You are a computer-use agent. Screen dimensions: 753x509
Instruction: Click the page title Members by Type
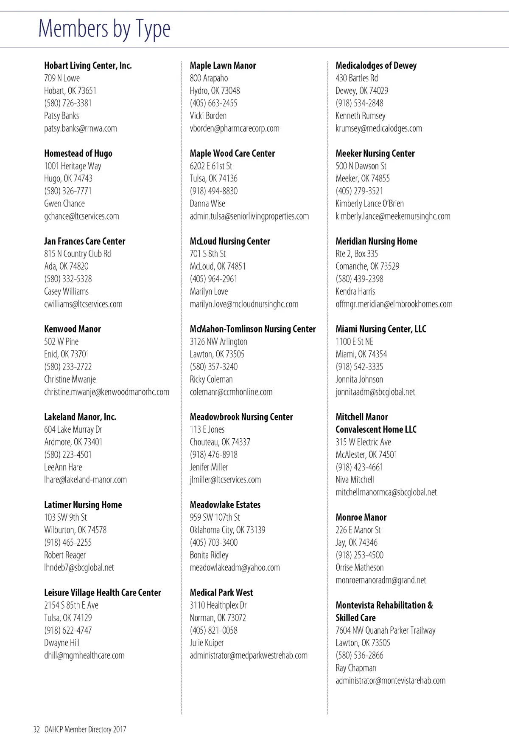click(104, 29)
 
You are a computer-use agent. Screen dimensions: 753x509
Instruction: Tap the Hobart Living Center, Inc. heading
click(88, 65)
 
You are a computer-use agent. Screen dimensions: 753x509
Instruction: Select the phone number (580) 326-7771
click(68, 191)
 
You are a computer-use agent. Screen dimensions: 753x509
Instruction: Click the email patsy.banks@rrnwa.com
click(81, 128)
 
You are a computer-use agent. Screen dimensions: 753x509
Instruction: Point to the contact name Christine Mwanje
click(70, 379)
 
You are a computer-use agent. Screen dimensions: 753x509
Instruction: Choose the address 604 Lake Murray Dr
click(73, 429)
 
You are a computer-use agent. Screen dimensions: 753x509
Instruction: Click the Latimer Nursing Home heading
click(83, 505)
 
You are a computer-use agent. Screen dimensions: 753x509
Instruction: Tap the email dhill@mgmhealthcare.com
click(84, 655)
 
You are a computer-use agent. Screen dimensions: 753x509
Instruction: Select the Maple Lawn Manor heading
click(223, 65)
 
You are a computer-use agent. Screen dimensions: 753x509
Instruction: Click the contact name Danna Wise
click(207, 203)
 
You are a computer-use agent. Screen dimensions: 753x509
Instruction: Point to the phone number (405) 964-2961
click(214, 279)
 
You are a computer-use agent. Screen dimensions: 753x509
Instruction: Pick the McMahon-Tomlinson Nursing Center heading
click(253, 329)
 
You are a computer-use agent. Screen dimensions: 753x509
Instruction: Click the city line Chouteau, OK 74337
click(220, 442)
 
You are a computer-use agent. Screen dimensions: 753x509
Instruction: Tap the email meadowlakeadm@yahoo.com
click(235, 567)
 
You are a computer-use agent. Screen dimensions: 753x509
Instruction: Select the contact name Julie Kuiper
click(207, 643)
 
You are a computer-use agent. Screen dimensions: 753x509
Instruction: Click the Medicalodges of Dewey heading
click(376, 65)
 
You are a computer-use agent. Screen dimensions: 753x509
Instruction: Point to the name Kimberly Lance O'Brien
click(370, 203)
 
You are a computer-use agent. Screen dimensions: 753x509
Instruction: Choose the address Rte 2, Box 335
click(357, 254)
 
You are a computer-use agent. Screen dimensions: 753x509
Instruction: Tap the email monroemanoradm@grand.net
click(381, 580)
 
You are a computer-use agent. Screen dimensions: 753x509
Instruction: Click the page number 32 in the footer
click(36, 730)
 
